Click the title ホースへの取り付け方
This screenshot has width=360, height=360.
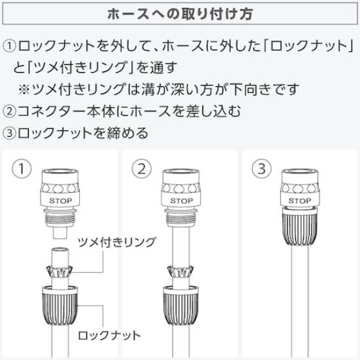point(180,14)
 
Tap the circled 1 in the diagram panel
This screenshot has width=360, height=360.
point(22,169)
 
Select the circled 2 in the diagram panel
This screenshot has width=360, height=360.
point(141,169)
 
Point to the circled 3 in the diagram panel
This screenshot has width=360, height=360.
point(262,169)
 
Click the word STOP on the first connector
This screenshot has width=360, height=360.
point(61,201)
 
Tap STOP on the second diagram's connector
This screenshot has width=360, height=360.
point(181,201)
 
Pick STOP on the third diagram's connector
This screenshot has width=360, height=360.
point(300,201)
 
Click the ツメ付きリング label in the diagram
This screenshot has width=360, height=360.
point(117,242)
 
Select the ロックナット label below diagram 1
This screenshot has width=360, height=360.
point(109,335)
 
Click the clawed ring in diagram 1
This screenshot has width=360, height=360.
point(60,272)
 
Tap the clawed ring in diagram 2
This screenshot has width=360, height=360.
point(181,272)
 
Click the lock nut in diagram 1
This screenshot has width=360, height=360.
point(60,305)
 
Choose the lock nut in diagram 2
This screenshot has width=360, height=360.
point(181,305)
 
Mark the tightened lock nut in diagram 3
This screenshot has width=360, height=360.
point(300,228)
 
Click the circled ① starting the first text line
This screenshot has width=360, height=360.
point(9,46)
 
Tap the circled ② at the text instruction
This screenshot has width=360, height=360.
point(9,111)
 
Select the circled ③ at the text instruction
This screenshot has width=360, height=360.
point(9,133)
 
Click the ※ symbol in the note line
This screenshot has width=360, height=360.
point(24,90)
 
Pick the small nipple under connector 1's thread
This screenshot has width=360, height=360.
point(60,233)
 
